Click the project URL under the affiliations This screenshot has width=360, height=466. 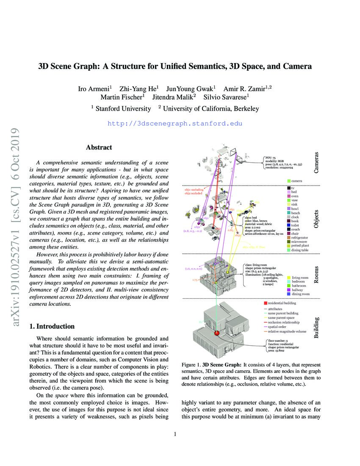click(x=175, y=124)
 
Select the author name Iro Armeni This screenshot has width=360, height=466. click(x=95, y=88)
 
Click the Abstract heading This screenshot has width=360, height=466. click(x=99, y=147)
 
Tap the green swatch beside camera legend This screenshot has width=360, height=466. click(x=288, y=181)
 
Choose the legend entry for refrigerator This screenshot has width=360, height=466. click(x=302, y=238)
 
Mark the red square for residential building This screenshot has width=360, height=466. click(x=265, y=303)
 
